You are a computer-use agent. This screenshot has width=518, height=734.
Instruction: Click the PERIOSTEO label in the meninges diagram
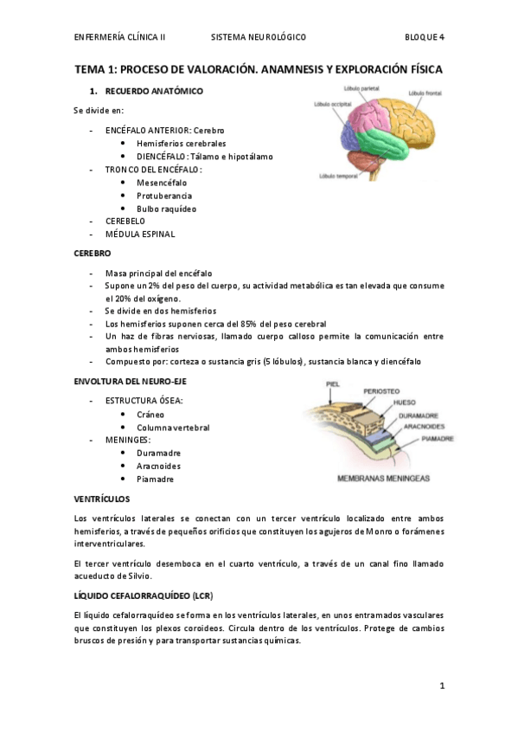point(381,391)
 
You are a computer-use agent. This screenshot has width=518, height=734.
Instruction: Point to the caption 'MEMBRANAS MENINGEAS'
point(382,478)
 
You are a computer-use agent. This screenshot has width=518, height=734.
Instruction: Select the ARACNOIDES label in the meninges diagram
point(423,426)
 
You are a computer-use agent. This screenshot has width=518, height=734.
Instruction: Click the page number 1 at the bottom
point(441,686)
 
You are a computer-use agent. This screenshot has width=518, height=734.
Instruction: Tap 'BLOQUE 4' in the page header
point(424,37)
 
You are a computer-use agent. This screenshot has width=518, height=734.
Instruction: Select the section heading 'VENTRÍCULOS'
point(101,499)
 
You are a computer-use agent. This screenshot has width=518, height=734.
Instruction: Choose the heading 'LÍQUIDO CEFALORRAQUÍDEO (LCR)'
point(143,597)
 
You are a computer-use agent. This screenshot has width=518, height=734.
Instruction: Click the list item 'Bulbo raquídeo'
point(166,209)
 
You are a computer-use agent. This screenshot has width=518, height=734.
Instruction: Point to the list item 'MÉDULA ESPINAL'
point(139,234)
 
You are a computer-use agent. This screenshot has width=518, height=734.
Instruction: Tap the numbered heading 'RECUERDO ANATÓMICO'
point(154,91)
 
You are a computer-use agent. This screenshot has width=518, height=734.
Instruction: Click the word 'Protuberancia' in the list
point(164,196)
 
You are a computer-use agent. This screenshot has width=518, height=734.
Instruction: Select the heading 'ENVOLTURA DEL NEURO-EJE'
point(130,381)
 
